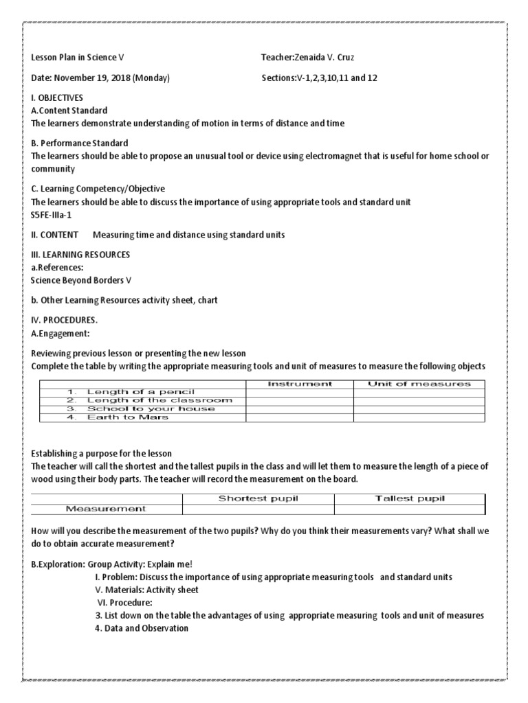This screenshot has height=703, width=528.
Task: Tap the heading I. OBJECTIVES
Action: click(x=57, y=98)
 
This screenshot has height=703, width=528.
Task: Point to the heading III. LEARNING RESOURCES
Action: click(x=80, y=255)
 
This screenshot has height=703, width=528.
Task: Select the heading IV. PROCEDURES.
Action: click(x=65, y=321)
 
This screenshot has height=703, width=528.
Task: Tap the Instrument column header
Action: click(x=299, y=384)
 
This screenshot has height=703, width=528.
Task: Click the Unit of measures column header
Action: click(x=419, y=384)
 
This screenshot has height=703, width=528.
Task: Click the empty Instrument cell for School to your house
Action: click(x=299, y=408)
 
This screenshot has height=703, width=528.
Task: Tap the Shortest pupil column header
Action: click(x=258, y=498)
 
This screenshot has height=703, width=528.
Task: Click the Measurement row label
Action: click(x=106, y=509)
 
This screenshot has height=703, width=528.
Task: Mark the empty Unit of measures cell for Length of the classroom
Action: click(x=419, y=400)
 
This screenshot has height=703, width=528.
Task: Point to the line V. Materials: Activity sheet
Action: click(x=146, y=590)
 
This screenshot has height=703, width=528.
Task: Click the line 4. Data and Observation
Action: click(x=142, y=628)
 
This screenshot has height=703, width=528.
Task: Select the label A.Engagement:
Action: click(x=60, y=334)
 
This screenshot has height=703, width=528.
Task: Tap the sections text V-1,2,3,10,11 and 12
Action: click(x=336, y=78)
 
